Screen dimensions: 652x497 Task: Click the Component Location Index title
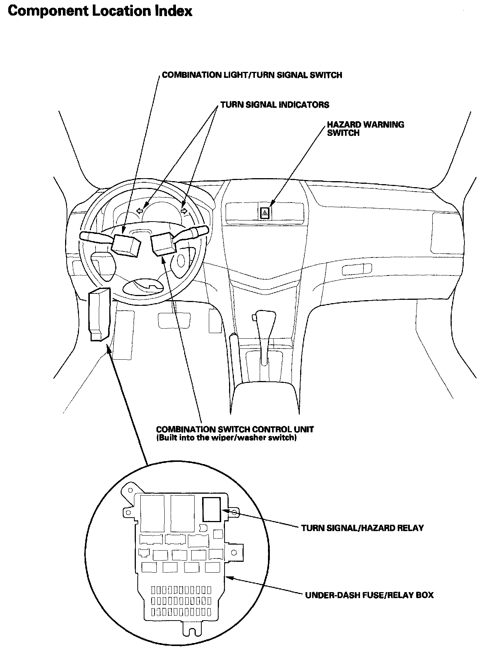(x=100, y=11)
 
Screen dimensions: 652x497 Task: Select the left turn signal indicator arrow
(x=140, y=211)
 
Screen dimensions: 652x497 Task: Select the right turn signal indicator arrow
(x=184, y=211)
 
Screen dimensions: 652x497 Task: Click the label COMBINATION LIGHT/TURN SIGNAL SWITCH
(x=252, y=75)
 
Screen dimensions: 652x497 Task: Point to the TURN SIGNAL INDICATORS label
(x=275, y=105)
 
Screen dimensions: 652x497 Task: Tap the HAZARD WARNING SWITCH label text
(x=365, y=128)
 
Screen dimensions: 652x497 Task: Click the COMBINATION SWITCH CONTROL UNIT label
(x=235, y=429)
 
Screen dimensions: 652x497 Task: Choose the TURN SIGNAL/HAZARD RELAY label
(x=362, y=528)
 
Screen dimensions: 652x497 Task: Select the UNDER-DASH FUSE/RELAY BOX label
(x=369, y=595)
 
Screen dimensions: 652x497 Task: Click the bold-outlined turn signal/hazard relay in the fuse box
(x=212, y=509)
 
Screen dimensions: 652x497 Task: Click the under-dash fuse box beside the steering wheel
(x=99, y=314)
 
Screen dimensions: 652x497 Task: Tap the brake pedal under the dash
(x=174, y=320)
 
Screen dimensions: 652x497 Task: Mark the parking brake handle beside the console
(x=233, y=356)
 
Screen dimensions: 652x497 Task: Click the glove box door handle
(x=357, y=269)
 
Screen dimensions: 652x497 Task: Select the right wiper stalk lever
(x=192, y=233)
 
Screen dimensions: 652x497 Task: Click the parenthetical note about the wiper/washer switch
(x=226, y=438)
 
